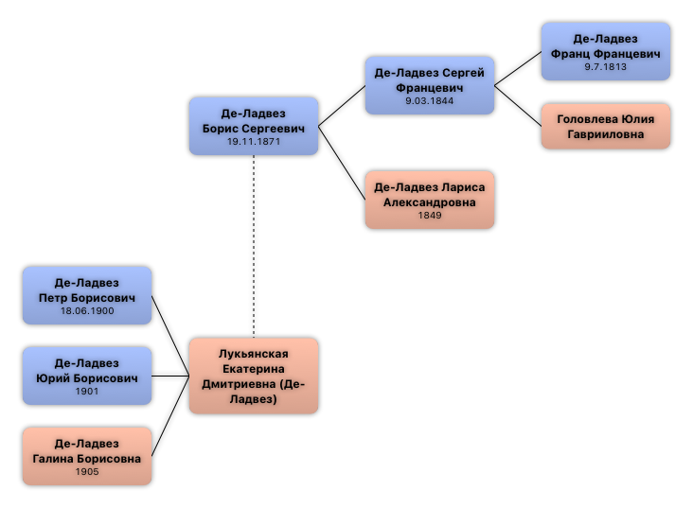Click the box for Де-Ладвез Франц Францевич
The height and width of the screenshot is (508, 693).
click(605, 52)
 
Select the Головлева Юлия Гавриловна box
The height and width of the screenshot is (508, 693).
click(605, 126)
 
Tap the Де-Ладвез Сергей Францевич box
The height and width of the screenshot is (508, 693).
click(430, 85)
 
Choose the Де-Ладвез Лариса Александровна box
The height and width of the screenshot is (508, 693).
click(430, 200)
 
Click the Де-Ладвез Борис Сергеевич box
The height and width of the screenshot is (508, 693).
click(254, 126)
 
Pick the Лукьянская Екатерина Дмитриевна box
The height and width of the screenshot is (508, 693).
click(254, 376)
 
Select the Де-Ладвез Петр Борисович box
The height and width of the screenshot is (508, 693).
click(87, 295)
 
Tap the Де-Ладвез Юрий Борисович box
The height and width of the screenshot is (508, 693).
click(87, 376)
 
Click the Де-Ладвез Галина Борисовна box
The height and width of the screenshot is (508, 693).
click(87, 456)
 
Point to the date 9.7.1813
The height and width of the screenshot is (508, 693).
click(606, 67)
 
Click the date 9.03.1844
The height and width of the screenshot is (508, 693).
click(430, 100)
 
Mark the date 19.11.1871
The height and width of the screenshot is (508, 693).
click(254, 141)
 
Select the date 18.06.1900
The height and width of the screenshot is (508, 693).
click(87, 310)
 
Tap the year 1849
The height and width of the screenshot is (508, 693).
click(430, 216)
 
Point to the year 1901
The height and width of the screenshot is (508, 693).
click(87, 391)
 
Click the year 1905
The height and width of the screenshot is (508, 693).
click(87, 471)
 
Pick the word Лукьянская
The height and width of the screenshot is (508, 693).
click(254, 354)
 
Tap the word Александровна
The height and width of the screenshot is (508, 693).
click(430, 202)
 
